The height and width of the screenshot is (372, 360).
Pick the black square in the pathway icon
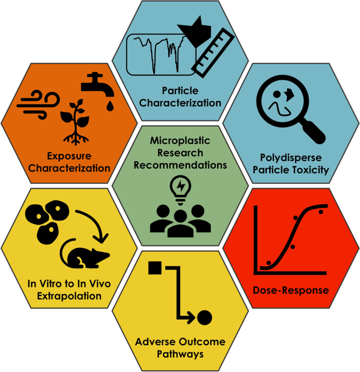[x=154, y=268]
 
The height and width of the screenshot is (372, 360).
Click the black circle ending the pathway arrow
[x=204, y=318]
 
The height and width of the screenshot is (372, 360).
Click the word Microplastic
[x=180, y=141]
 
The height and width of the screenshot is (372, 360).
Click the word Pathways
[x=179, y=354]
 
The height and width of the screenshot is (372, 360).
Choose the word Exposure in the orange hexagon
[x=69, y=156]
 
